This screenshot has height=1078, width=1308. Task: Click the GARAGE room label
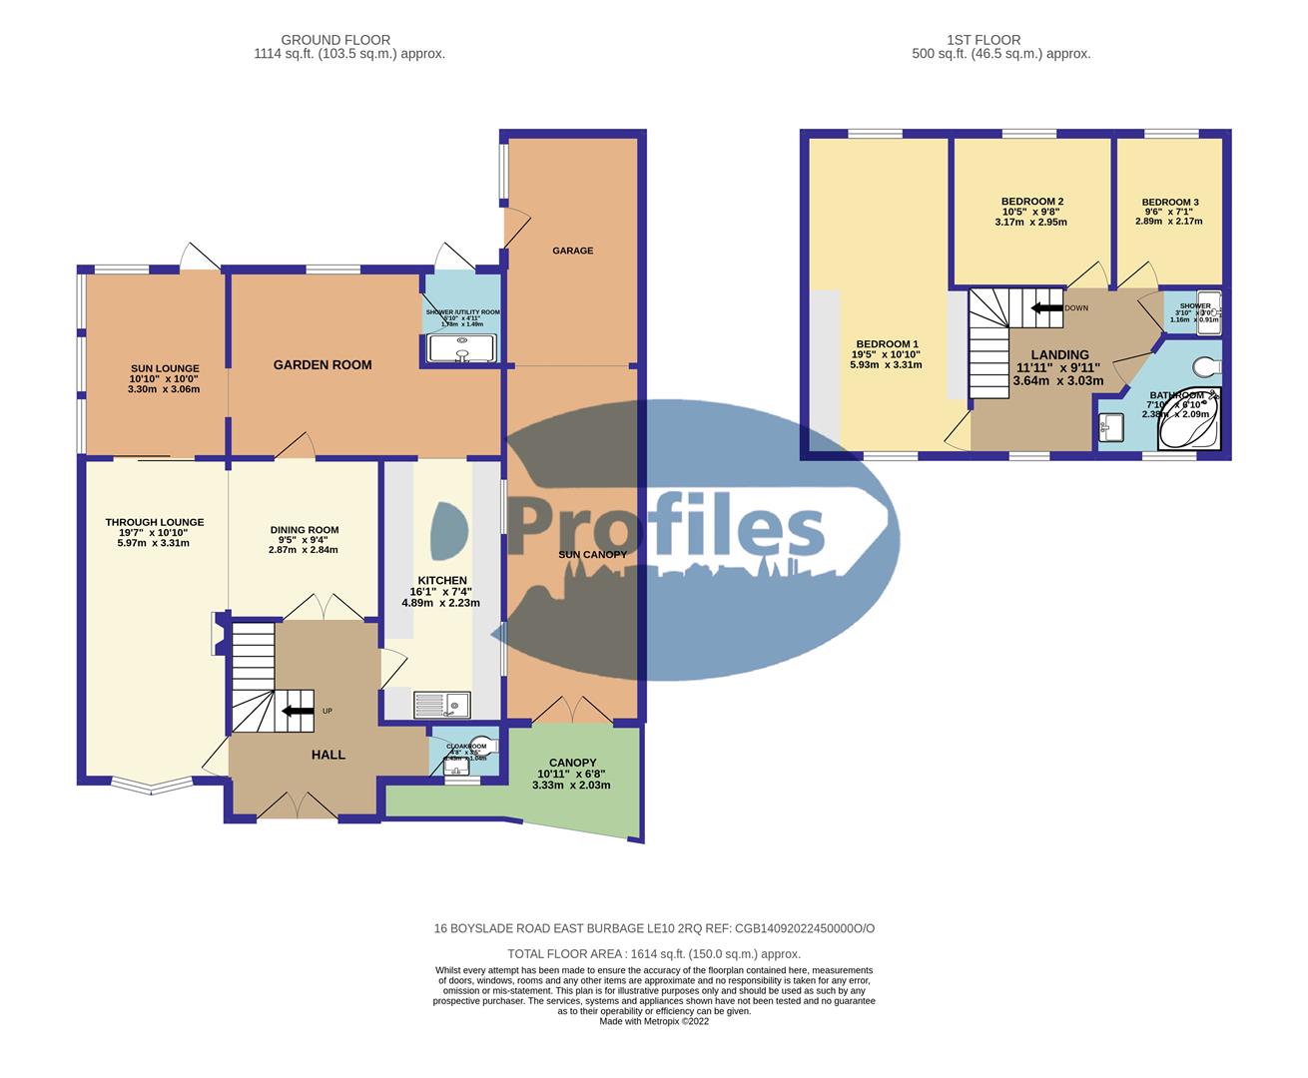pos(572,251)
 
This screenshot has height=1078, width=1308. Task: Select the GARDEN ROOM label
pos(323,365)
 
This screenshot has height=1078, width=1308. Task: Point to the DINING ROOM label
pos(304,530)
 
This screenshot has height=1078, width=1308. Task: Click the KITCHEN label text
pos(440,581)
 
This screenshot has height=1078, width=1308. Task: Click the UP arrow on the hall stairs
pos(297,711)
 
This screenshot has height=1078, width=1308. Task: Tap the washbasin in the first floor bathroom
pos(1109,428)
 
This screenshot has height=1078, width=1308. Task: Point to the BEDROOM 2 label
pos(1031,202)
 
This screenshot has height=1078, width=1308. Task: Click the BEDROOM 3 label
pos(1169,203)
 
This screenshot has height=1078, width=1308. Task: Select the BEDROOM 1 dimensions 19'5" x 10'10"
pos(886,354)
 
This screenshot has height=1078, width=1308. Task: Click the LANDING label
pos(1059,354)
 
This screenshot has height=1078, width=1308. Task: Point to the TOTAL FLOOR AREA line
pos(654,954)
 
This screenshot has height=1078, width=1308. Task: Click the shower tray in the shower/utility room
pos(460,348)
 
